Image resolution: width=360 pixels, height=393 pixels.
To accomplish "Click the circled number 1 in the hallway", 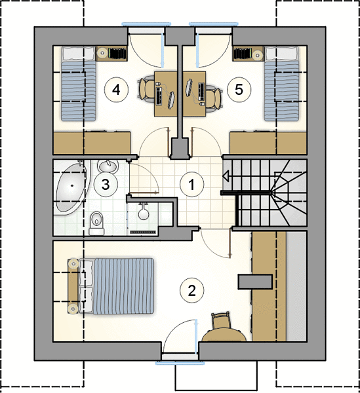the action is pos(192,185).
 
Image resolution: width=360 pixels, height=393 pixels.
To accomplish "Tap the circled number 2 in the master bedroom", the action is pos(192,291).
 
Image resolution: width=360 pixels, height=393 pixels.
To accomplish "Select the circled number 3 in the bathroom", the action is pos(106,185).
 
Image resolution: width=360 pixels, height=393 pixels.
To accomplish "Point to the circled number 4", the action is pos(116,90).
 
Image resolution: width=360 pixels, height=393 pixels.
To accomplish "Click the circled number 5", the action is pos(239,90).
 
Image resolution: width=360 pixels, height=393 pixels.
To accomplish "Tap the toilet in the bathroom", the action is pos(96,223).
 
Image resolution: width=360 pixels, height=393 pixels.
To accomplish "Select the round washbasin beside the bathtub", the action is pos(108,166).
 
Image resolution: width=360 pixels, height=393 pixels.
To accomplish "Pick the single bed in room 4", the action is pos(79,84).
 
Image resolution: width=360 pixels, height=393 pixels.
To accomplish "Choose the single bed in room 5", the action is pos(282,83).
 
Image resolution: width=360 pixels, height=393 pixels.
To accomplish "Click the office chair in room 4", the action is pos(146,90).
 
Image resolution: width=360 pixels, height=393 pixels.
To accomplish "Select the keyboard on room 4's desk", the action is pos(159,96).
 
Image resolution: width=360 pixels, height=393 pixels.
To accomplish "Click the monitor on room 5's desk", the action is pos(189,87).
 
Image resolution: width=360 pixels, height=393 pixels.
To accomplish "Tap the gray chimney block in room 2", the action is pos(255,282).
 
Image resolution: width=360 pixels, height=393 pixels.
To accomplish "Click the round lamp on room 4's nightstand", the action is pos(102,53).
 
